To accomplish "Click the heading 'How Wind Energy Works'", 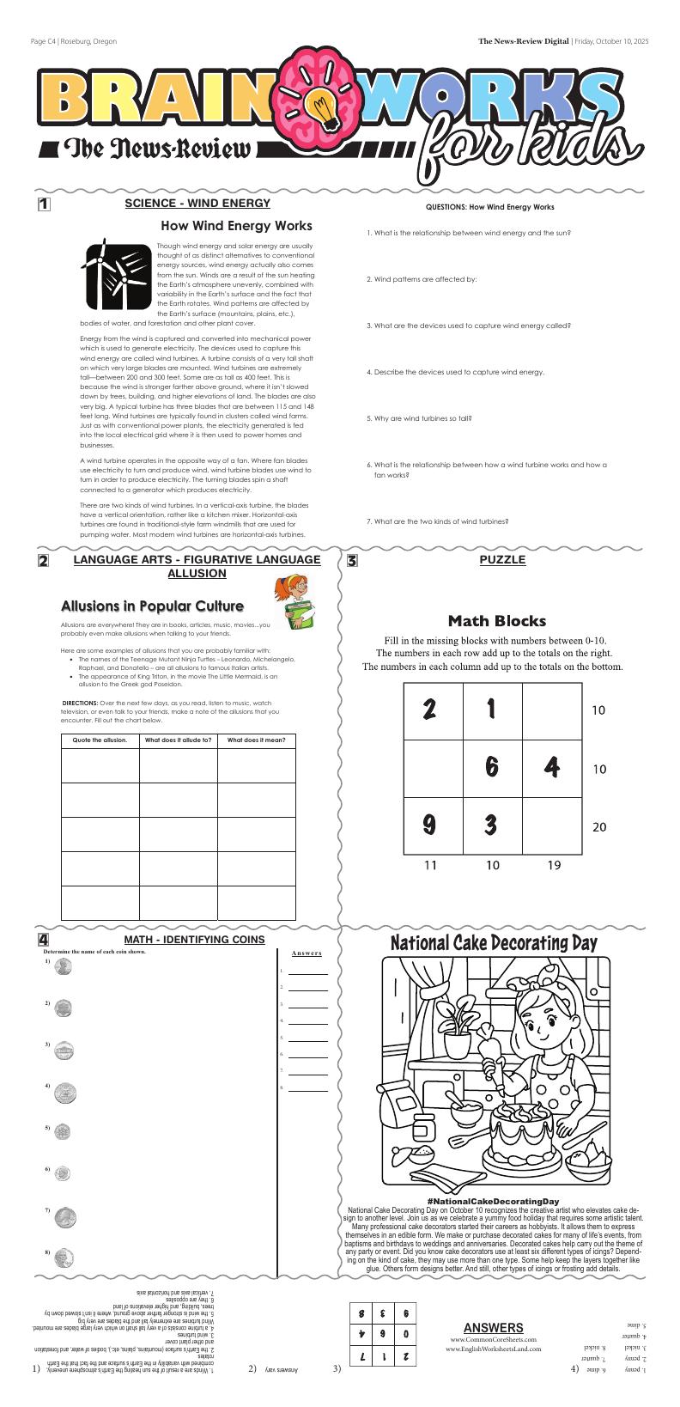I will coord(236,226).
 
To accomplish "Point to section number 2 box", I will coord(43,561).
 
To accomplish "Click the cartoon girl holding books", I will coord(294,602).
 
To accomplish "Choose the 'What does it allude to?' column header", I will coord(179,740).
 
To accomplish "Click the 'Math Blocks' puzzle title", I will coord(496,620).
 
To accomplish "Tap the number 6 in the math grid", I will coord(492,767).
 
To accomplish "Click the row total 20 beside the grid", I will coord(599,827).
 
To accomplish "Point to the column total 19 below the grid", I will coord(554,865).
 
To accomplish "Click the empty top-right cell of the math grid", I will coord(552,710).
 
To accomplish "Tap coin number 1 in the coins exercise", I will coord(63,966).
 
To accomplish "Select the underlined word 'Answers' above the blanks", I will coord(307,953).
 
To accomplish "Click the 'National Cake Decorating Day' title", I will coord(494,943).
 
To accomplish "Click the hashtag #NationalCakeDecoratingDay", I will coord(493,1200).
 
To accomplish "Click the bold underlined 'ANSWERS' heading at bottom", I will coord(493,1327).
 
